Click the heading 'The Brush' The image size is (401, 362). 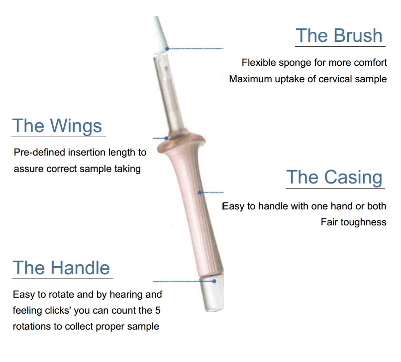tap(339, 35)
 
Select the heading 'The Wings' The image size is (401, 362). tap(57, 126)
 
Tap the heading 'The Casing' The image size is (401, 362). tap(334, 178)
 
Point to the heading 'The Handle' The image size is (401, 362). tap(61, 268)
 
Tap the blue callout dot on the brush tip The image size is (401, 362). tap(167, 48)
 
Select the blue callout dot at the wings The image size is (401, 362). tap(167, 138)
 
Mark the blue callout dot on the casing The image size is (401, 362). tap(200, 192)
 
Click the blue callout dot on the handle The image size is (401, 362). tap(214, 281)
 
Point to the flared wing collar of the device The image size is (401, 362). tap(181, 142)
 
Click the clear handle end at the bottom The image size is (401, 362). tap(212, 293)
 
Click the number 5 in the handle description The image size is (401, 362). tap(158, 310)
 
